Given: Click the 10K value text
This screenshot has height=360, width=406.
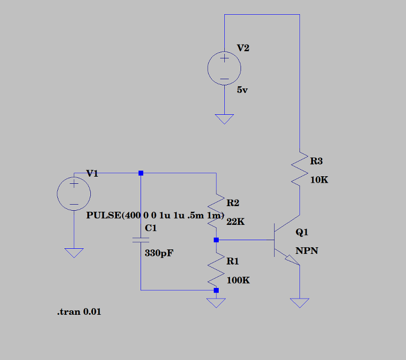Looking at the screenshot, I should [319, 180].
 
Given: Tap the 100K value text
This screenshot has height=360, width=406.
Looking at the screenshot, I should [238, 280].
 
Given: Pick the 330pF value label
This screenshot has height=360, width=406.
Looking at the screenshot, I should [159, 252].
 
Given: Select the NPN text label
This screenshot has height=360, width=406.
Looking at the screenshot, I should [307, 251].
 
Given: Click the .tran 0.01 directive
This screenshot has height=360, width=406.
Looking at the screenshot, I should [79, 312].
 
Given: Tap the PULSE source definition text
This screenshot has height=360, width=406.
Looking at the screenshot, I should [155, 215].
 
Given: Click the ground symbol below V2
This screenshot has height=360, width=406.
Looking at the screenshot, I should [224, 119].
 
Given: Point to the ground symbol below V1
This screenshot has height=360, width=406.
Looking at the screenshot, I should [74, 252].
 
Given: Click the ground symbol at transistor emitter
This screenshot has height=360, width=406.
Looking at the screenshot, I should [300, 303].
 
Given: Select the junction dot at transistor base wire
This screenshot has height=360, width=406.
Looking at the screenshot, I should [216, 240].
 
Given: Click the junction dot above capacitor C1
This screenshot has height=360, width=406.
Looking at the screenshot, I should [141, 173].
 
